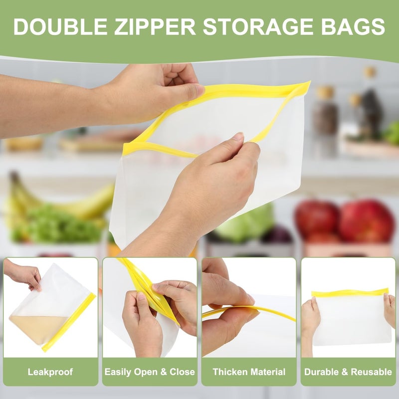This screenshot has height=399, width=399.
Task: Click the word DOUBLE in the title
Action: (60, 26)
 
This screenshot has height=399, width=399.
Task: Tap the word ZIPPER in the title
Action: (155, 26)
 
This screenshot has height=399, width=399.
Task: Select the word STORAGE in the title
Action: (258, 26)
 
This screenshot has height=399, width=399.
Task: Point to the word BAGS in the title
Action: (353, 26)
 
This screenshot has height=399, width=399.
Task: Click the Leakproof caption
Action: (50, 372)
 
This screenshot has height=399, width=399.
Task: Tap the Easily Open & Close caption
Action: (150, 372)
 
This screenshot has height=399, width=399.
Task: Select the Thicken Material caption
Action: (249, 372)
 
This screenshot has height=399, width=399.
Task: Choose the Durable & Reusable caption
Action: (348, 372)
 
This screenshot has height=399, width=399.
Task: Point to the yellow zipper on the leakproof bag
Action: (69, 323)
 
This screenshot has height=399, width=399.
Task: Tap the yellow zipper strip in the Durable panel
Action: (350, 292)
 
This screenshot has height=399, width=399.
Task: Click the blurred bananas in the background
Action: (58, 199)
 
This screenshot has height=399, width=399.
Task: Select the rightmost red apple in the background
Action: (367, 220)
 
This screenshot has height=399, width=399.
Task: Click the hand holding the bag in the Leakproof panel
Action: (24, 276)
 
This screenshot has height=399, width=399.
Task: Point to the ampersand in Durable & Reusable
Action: (344, 372)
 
